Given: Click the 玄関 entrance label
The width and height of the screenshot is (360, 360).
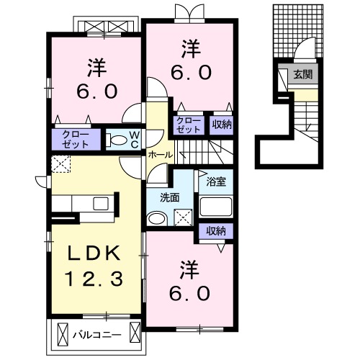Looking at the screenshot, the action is (303, 75).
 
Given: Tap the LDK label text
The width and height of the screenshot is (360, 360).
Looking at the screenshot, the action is (94, 253).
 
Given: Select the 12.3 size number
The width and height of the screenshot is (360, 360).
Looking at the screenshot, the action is (94, 279).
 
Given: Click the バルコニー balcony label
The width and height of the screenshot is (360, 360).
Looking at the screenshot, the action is (97, 334).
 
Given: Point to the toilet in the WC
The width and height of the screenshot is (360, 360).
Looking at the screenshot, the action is (117, 140).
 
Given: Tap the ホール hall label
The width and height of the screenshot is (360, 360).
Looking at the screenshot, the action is (161, 155).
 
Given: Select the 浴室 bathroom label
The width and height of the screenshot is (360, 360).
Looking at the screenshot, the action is (216, 182).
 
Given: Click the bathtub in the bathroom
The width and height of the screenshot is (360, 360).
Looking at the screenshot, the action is (216, 207).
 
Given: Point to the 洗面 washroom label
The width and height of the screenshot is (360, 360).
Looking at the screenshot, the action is (170, 198).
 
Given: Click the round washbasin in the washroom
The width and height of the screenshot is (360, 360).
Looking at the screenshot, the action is (157, 219).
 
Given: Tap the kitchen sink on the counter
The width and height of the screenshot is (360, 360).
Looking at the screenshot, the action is (101, 204).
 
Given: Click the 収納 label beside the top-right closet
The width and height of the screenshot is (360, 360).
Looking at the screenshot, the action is (222, 125).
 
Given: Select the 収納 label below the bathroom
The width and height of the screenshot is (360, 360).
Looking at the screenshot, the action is (216, 231).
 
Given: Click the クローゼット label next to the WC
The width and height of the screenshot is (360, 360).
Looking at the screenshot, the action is (75, 140).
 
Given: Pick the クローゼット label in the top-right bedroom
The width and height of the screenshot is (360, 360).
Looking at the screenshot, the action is (189, 125).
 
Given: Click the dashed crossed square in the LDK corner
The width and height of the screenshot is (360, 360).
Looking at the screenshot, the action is (61, 164).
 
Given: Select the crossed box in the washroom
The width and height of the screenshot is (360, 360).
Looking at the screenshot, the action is (184, 217).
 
